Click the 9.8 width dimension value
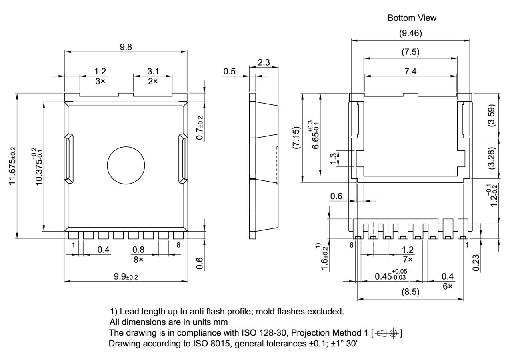[x=126, y=47]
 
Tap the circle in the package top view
[x=126, y=165]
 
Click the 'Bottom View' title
[x=412, y=18]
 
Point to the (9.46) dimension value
[x=410, y=34]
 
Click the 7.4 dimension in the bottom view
[x=410, y=71]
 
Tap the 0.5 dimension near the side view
[x=229, y=71]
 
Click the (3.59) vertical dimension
[x=492, y=115]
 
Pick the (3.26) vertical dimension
[x=492, y=158]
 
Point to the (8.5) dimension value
[x=410, y=292]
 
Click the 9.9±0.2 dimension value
[x=126, y=276]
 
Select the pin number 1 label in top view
[x=73, y=245]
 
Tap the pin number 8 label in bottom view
[x=351, y=245]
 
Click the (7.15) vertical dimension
[x=296, y=138]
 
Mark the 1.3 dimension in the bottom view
[x=333, y=158]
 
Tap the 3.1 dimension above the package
[x=153, y=71]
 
